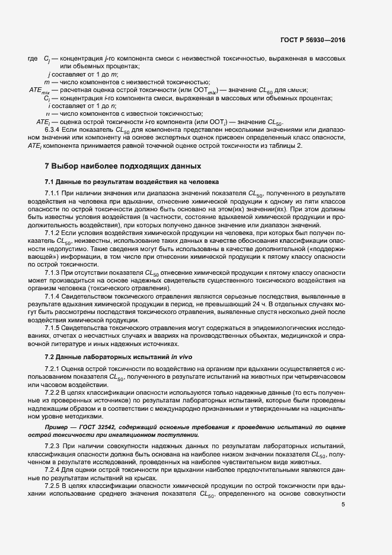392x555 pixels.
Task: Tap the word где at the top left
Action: pos(33,58)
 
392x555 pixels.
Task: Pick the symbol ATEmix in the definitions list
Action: pos(36,90)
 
